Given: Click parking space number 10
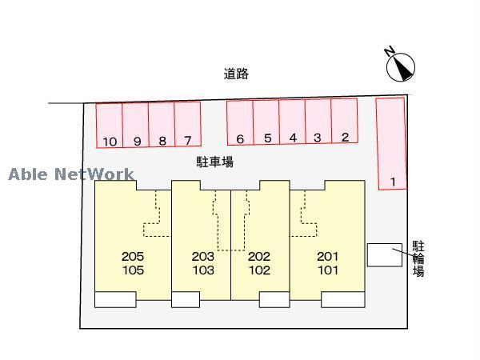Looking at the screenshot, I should click(110, 126).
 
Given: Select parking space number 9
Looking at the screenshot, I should click(136, 126).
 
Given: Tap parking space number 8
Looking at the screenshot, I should click(162, 126).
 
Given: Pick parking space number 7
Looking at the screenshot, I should click(187, 126).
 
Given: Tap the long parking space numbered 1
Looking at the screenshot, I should click(391, 144).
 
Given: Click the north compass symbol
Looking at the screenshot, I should click(400, 66).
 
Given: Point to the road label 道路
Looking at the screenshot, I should click(236, 74).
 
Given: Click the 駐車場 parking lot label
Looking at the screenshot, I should click(215, 162).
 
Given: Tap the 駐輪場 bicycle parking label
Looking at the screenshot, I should click(418, 258).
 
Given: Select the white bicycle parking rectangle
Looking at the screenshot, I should click(385, 254).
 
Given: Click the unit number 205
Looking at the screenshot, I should click(133, 257).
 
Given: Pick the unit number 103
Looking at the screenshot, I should click(203, 270).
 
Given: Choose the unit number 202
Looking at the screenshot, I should click(259, 257).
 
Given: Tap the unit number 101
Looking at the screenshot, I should click(328, 270).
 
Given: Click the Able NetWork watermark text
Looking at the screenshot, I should click(72, 174).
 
